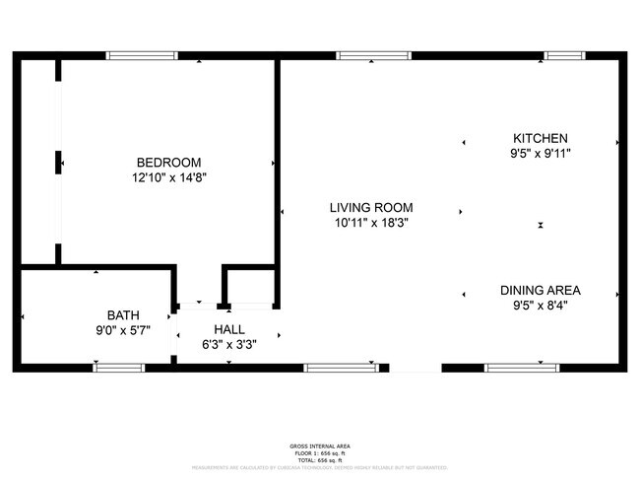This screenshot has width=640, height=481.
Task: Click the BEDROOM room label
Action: (x=168, y=163)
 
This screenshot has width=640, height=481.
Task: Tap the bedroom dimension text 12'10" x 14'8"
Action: (x=168, y=178)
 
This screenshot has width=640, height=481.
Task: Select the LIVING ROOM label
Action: (x=370, y=208)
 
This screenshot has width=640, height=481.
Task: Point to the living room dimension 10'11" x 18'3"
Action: (x=370, y=224)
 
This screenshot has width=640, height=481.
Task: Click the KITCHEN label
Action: (x=540, y=138)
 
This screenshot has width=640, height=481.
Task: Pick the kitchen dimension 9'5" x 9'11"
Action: (x=540, y=154)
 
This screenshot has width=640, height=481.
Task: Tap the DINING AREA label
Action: (x=540, y=290)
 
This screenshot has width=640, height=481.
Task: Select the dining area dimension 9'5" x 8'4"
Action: (x=540, y=306)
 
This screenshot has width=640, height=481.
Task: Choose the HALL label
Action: (x=229, y=329)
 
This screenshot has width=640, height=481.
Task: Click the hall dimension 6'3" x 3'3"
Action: (x=229, y=345)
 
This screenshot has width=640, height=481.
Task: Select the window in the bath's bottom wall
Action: (x=118, y=368)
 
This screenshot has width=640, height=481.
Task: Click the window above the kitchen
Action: (x=565, y=55)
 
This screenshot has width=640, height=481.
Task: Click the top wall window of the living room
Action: (x=374, y=55)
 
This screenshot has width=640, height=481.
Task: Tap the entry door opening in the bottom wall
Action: (x=415, y=368)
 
